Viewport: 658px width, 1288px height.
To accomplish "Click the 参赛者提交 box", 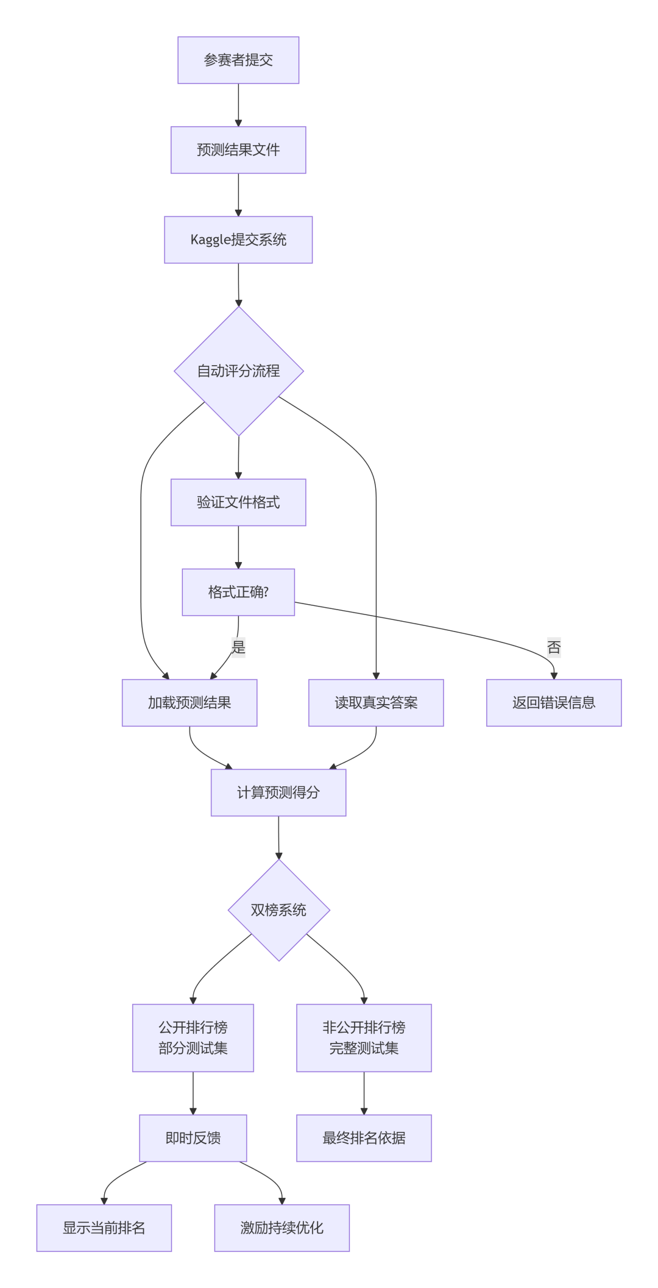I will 238,60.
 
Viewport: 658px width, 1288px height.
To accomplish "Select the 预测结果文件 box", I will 238,150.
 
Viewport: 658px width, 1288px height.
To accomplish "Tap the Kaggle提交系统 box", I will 238,240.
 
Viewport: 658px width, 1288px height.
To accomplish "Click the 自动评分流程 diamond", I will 239,371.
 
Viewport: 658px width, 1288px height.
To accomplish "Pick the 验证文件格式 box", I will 238,502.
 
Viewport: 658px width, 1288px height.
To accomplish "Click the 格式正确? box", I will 238,592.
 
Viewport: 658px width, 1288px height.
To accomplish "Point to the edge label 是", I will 238,647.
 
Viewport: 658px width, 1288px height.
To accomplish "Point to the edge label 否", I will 553,647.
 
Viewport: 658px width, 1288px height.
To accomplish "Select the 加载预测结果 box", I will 189,702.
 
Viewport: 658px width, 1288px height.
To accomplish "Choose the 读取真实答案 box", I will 376,702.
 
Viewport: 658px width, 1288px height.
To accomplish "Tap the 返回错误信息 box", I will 553,702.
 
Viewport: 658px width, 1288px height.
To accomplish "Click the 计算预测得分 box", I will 278,792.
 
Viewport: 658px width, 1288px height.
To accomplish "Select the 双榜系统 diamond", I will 278,909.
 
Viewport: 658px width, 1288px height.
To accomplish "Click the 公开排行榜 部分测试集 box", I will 193,1037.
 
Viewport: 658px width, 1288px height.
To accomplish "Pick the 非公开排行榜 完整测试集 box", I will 364,1037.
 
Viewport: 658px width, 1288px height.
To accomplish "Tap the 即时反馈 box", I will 193,1137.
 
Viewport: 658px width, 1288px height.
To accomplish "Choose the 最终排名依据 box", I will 364,1137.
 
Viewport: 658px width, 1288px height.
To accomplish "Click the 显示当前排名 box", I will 104,1228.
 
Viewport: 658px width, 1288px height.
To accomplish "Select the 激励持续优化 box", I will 281,1228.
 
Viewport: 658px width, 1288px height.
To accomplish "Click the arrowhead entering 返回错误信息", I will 553,675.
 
